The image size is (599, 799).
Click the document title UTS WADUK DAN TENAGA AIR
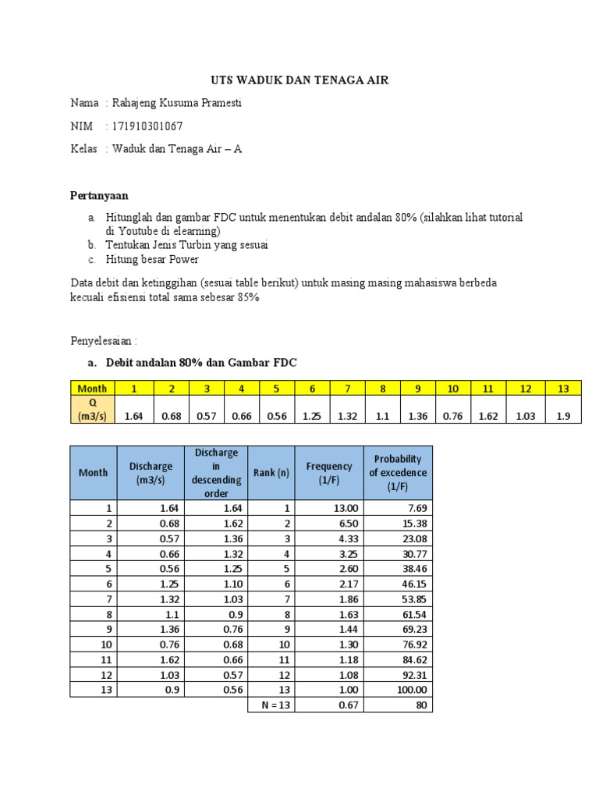pyautogui.click(x=299, y=80)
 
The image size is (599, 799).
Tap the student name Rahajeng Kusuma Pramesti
pyautogui.click(x=177, y=103)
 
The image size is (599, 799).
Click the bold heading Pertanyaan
pyautogui.click(x=99, y=195)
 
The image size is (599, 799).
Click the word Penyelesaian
pyautogui.click(x=103, y=341)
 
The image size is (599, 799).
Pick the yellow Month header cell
pyautogui.click(x=93, y=388)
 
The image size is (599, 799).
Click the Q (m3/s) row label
pyautogui.click(x=93, y=410)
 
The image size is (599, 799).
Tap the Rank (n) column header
pyautogui.click(x=271, y=472)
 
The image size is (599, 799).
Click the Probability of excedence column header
pyautogui.click(x=398, y=472)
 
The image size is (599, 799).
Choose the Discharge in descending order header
pyautogui.click(x=217, y=472)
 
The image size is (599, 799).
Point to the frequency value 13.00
pyautogui.click(x=340, y=508)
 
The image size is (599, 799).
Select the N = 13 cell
pyautogui.click(x=271, y=705)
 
